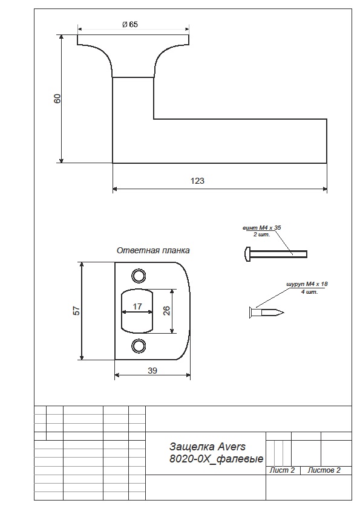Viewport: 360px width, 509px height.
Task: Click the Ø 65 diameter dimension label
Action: click(x=130, y=24)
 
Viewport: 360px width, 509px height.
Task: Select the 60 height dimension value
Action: click(x=57, y=99)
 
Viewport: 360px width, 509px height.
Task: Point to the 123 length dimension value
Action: click(x=197, y=181)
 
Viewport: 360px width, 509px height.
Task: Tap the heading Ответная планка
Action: click(x=153, y=251)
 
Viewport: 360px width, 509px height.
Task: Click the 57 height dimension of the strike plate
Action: click(x=76, y=311)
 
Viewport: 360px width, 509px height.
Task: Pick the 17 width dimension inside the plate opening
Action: click(x=137, y=306)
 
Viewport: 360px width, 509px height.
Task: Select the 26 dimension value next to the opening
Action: click(x=166, y=311)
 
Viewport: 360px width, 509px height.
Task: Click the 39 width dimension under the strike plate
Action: click(x=152, y=371)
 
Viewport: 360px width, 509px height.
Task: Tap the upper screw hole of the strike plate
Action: click(x=139, y=276)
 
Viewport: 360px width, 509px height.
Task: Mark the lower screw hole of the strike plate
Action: click(x=139, y=346)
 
